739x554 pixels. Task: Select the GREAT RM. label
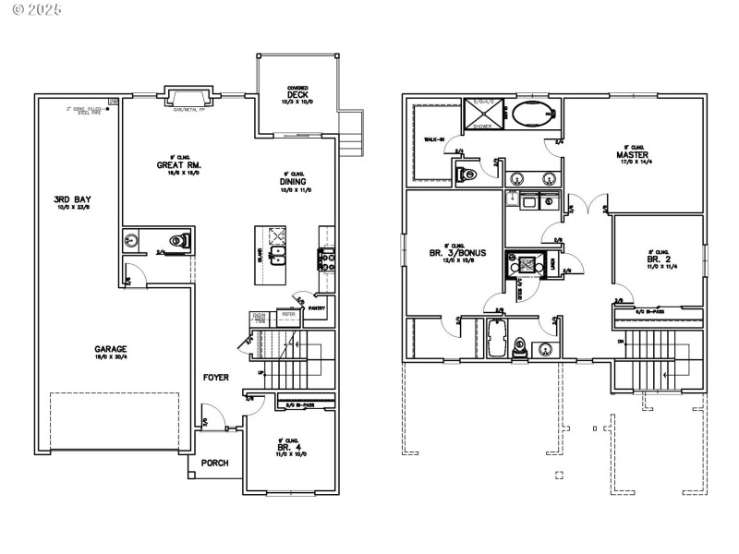pos(178,165)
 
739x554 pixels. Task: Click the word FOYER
pos(216,377)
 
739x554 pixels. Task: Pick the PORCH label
pos(214,463)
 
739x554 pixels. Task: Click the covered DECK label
pos(297,94)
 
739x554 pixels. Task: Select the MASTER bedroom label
pos(633,154)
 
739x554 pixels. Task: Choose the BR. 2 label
pos(659,260)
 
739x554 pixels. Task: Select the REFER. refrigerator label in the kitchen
pos(288,314)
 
